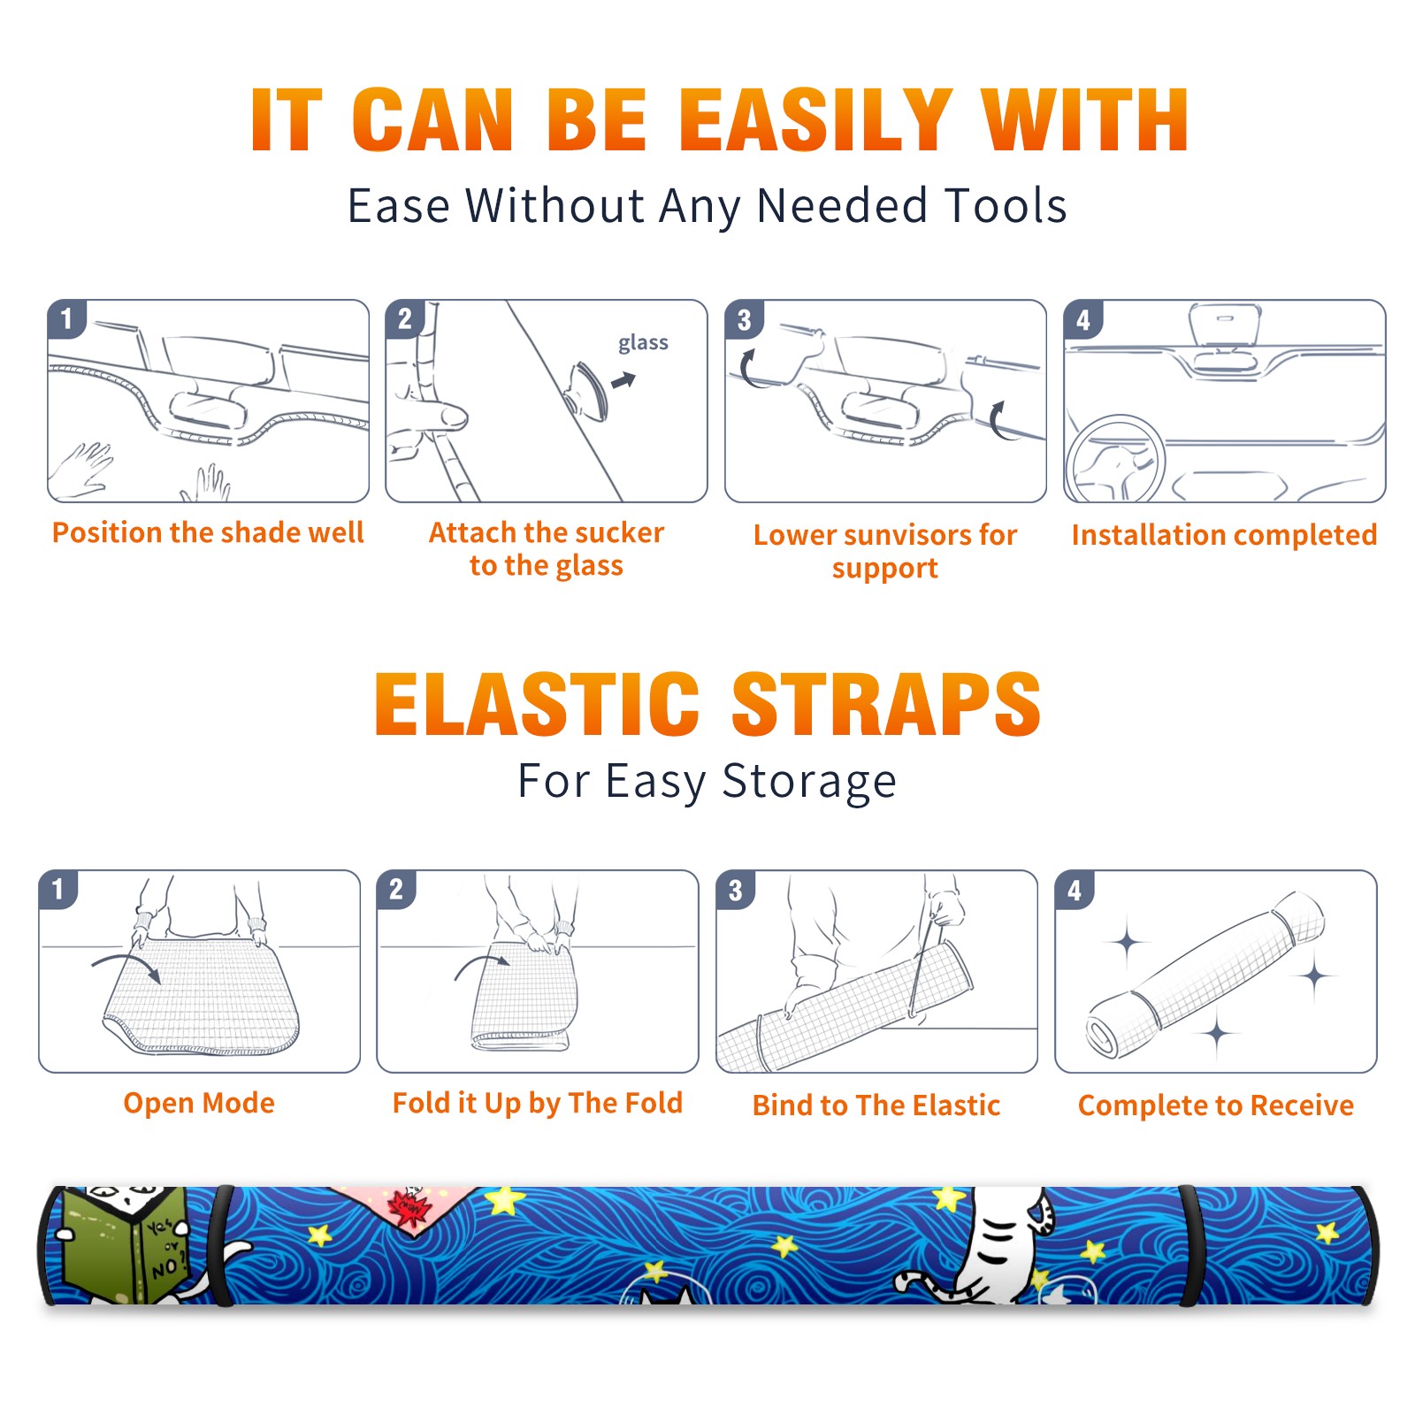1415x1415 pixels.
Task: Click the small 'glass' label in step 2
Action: click(643, 342)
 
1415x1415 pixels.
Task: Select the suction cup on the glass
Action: click(589, 390)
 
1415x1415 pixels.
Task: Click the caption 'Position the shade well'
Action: click(208, 532)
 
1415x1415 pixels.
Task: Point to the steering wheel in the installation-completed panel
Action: click(1115, 459)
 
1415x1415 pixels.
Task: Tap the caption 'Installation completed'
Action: click(1224, 535)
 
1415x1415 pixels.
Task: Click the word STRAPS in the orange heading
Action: click(886, 704)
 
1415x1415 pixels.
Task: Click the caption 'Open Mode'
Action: click(199, 1103)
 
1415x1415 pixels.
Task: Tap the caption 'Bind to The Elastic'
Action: click(876, 1105)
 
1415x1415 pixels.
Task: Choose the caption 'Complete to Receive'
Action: click(1216, 1105)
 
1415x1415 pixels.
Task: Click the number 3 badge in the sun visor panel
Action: click(745, 319)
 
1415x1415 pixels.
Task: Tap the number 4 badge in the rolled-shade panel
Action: click(1075, 890)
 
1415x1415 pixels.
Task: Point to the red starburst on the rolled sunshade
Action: click(409, 1208)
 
